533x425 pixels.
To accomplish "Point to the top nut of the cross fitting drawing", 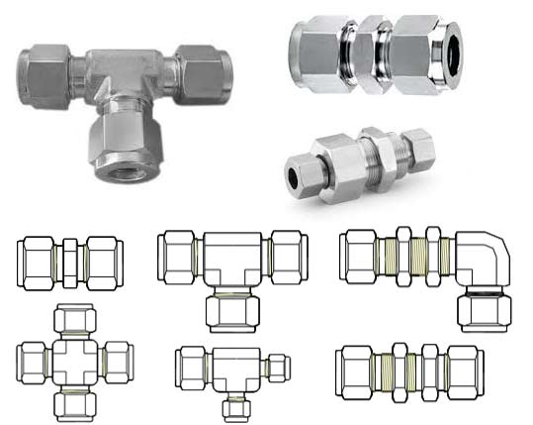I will [75, 320].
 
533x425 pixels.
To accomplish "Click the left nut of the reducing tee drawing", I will [191, 370].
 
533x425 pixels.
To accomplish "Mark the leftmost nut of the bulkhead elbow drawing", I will [358, 259].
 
